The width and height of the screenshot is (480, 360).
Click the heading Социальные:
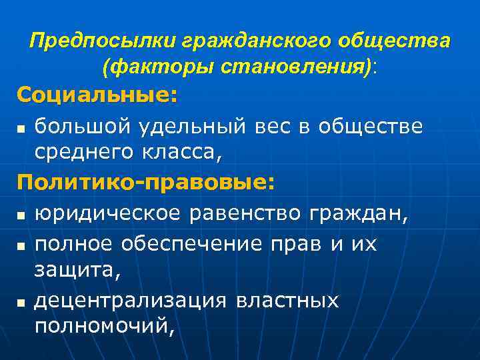point(97,95)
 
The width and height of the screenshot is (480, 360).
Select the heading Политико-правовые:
point(146,183)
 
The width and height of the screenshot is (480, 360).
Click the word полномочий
point(103,327)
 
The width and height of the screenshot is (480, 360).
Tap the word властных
point(288,301)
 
